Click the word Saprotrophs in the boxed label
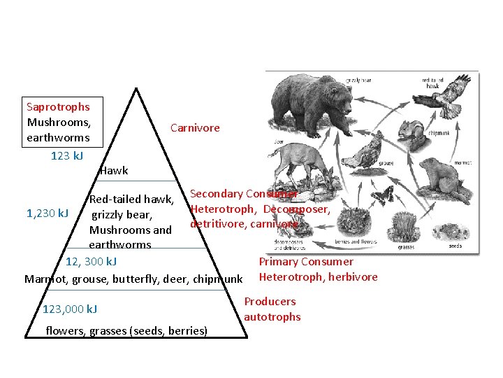[58, 107]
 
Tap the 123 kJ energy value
[67, 155]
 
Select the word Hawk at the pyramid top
[114, 171]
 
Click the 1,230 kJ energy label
[48, 213]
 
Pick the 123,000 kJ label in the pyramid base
[70, 309]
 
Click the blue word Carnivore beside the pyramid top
[195, 127]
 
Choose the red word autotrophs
[272, 317]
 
